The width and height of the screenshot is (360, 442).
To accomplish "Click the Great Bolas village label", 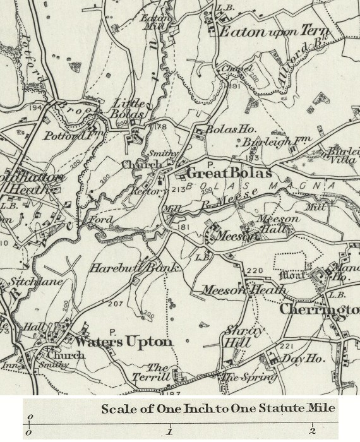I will [229, 173].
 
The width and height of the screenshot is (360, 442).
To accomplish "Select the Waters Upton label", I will [123, 342].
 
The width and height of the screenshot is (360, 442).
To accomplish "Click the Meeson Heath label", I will [244, 290].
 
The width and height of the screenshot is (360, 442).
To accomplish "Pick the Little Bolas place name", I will [129, 108].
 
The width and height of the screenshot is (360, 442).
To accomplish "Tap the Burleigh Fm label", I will [268, 143].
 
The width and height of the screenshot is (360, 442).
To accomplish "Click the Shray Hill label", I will [237, 337].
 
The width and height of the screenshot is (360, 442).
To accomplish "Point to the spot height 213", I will [178, 189].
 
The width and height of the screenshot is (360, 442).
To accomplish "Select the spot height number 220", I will [255, 271].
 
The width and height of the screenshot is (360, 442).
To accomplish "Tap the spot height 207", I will [115, 304].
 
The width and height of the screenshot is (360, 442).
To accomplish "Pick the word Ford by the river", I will [101, 220].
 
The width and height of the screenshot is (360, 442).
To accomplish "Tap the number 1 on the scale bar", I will [169, 432].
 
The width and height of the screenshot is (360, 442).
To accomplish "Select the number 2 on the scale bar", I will [312, 432].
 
